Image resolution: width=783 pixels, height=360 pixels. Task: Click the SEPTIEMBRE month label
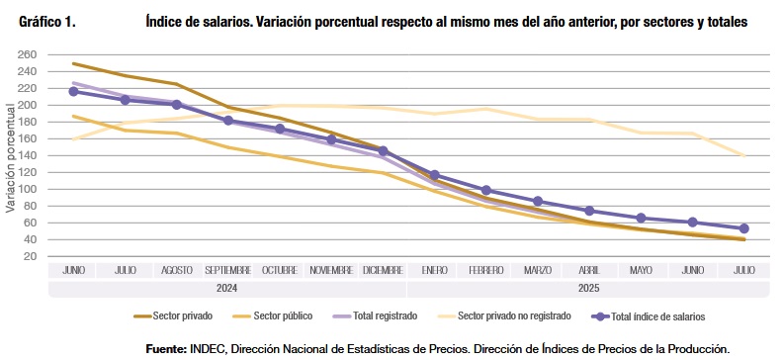pos(228,271)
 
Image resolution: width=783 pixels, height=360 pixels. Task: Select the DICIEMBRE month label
pos(383,271)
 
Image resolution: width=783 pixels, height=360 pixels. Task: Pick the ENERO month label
pos(434,271)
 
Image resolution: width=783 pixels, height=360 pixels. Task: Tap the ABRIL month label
pos(589,271)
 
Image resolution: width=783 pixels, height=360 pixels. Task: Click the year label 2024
pos(226,289)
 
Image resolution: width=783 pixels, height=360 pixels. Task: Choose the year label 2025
pos(589,289)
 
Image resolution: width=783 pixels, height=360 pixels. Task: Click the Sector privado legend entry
pos(173,316)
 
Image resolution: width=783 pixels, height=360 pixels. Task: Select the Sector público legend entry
pos(273,316)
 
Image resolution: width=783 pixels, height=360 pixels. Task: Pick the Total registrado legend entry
pos(375,316)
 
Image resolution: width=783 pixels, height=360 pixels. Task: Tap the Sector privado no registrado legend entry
pos(504,316)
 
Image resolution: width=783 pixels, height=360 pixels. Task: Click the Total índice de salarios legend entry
pos(649,316)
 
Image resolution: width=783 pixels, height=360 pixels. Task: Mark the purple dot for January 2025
pos(434,175)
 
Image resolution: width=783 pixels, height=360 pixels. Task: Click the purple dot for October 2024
pos(280,129)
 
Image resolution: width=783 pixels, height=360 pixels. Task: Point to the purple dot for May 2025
pos(642,219)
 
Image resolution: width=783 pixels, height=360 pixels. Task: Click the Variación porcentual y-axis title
pos(10,158)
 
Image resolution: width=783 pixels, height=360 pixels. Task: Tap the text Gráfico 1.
pos(47,23)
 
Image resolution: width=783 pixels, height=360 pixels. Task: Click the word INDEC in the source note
pos(207,348)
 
